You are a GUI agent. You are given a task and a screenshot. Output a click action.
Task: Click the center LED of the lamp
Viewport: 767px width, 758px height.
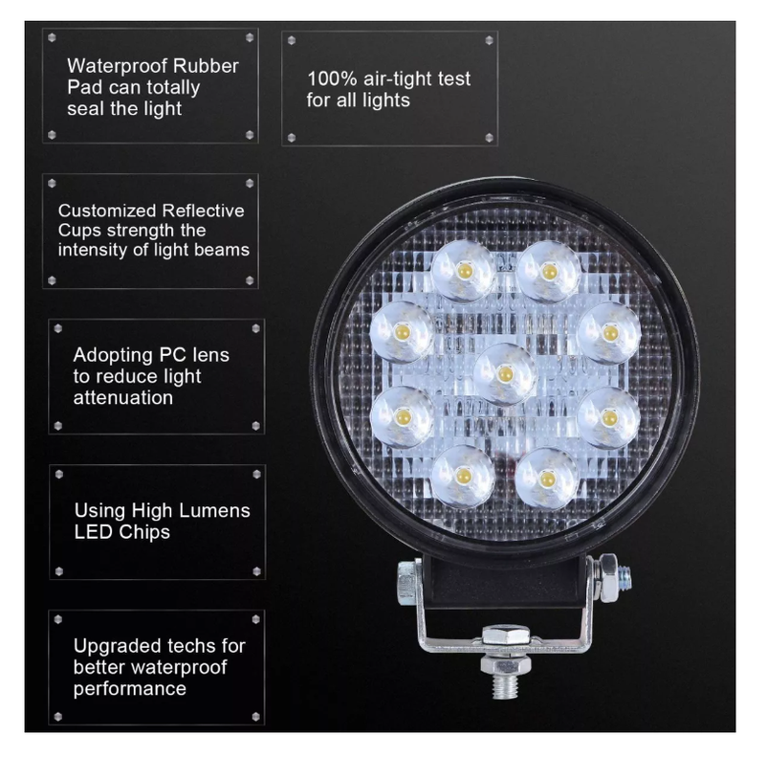point(505,374)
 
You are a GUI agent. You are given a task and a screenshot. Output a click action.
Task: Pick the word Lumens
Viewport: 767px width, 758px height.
point(215,511)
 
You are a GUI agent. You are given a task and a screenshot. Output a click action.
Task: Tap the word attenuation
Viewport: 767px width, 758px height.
point(123,398)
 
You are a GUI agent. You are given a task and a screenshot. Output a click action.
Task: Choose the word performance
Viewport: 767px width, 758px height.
point(130,689)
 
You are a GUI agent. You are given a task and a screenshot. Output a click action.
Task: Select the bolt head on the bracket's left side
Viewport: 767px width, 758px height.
point(407,583)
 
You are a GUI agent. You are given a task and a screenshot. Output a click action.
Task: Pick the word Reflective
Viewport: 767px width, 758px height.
point(203,211)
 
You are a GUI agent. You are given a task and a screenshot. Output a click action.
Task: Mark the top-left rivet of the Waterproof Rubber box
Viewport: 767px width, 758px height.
point(52,37)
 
